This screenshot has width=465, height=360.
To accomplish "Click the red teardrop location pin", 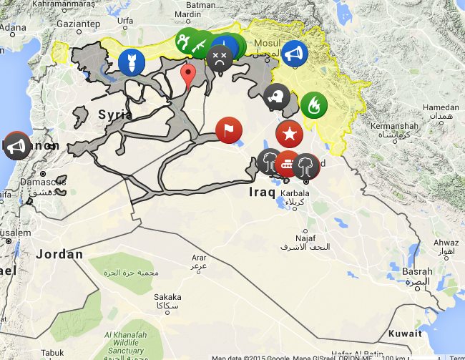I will point(189,74).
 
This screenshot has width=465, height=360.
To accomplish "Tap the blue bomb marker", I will point(132,61).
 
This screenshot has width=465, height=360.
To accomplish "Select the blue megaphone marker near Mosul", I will point(294,53).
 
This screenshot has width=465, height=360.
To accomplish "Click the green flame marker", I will point(313,106).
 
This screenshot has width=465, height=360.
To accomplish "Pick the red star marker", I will point(289,133).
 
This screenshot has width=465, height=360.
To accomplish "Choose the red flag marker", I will point(229,130).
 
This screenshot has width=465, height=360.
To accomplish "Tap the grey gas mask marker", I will point(277,97).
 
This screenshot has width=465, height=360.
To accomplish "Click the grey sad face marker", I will point(219,57).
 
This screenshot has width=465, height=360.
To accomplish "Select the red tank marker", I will point(288,164).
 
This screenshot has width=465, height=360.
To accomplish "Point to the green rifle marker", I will point(200,44).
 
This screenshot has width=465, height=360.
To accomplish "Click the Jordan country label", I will point(59,254).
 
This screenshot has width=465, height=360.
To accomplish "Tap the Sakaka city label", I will point(167,296).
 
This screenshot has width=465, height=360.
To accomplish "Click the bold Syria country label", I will point(114,115).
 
